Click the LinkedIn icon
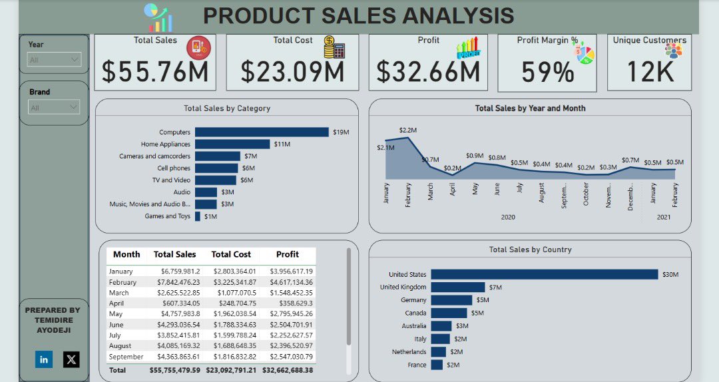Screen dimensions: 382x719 44,359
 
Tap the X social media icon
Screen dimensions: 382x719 71,359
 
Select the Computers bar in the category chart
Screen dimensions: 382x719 262,132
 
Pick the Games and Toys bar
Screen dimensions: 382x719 198,216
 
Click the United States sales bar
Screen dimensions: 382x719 544,274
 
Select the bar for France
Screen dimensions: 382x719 437,365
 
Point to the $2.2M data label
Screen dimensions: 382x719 407,130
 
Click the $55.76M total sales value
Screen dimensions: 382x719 154,72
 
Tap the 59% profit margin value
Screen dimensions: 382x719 547,72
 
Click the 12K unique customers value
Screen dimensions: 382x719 649,72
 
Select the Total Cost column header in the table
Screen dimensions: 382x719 231,254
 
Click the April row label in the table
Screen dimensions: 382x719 117,303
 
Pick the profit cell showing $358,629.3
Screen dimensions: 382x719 291,303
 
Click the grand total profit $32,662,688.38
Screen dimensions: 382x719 288,370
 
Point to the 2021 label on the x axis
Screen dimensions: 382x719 664,217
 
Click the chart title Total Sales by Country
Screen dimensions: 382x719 530,250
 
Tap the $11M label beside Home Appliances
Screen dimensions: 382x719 282,144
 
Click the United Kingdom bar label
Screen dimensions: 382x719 403,287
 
